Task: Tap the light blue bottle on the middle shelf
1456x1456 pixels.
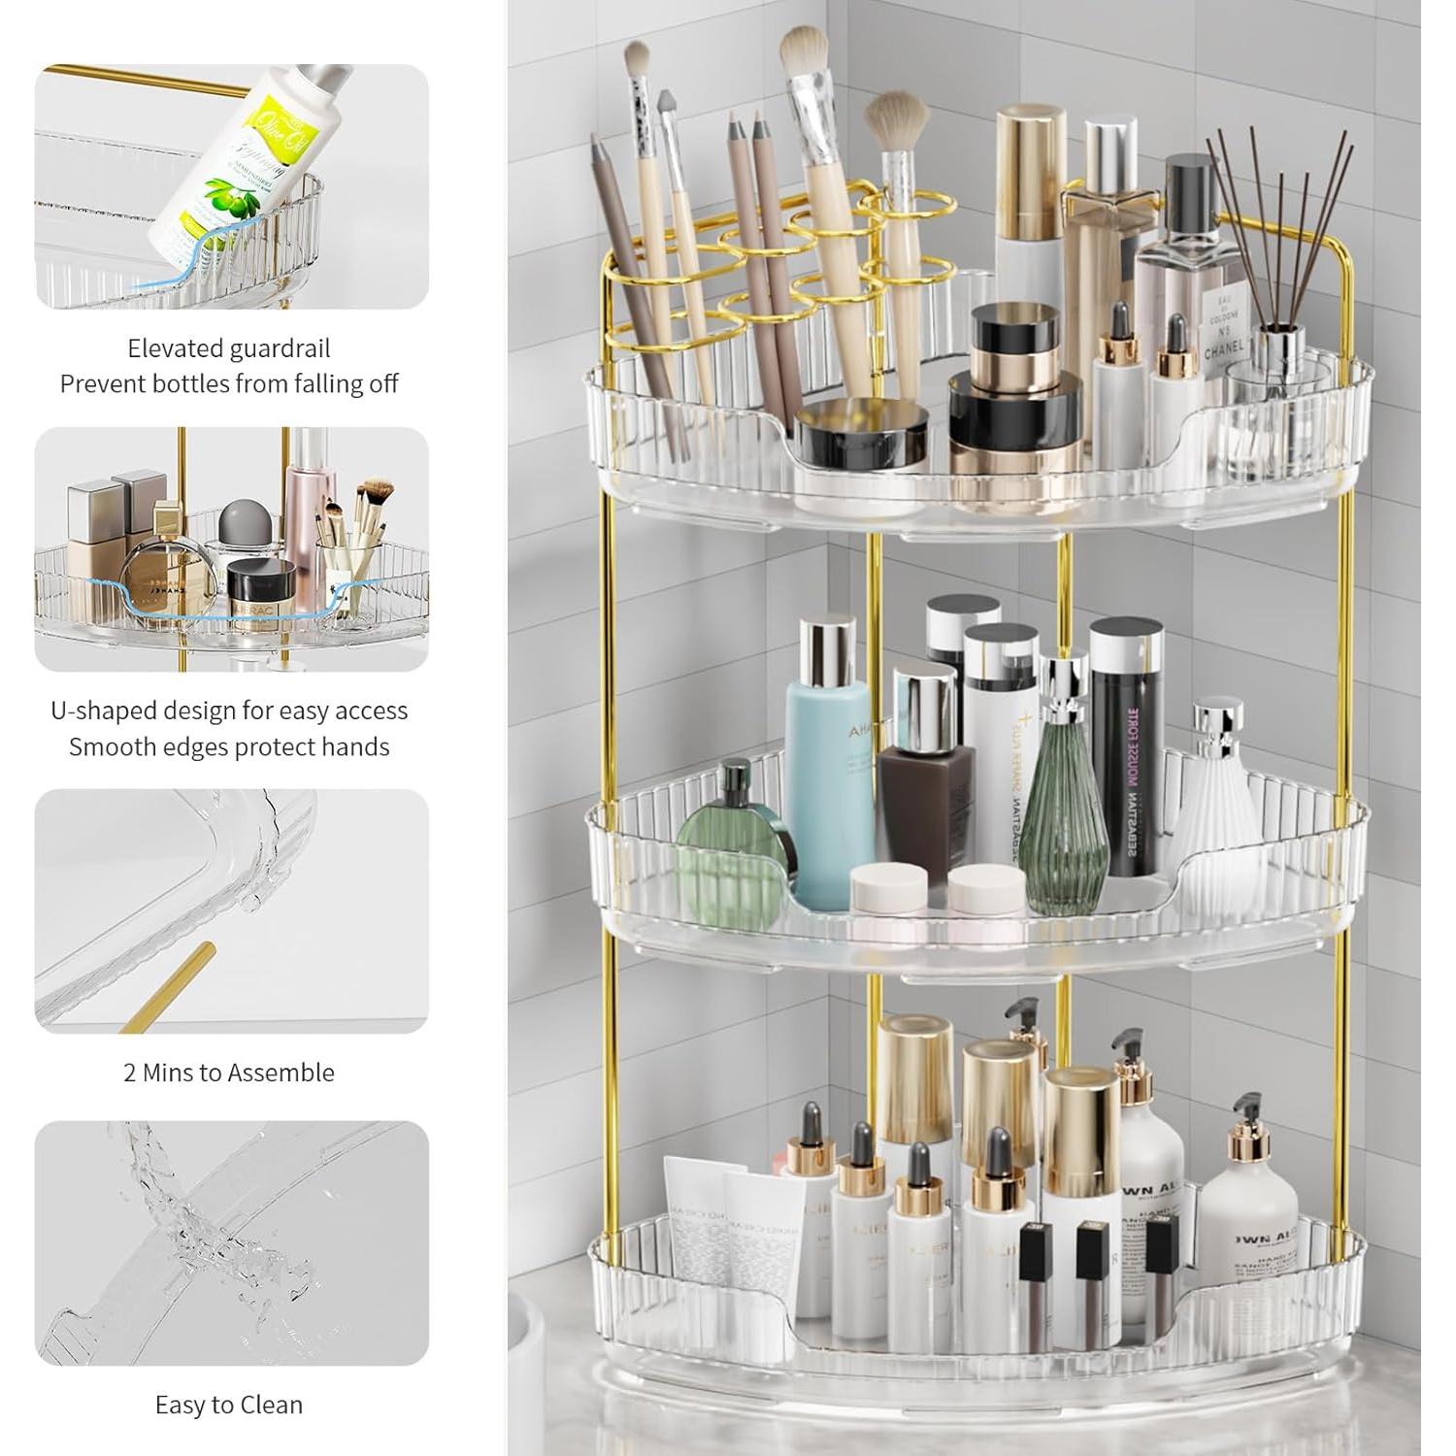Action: pos(826,767)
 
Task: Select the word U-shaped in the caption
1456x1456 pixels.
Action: pos(103,711)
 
